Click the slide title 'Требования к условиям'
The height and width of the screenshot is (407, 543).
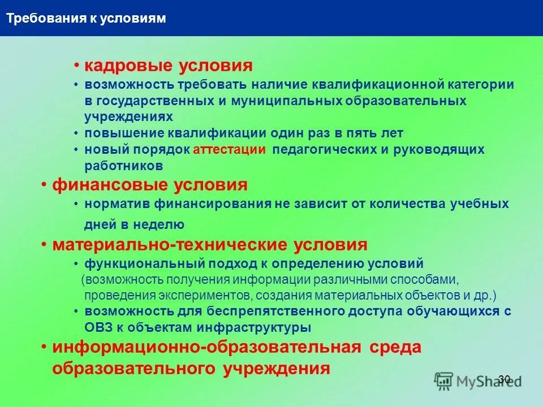86,19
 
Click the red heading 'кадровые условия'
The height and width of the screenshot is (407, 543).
168,66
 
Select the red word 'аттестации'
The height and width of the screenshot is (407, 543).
229,150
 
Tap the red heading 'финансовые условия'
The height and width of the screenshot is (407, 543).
150,185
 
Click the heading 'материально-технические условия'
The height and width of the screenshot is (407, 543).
210,245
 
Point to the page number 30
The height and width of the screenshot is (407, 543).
505,379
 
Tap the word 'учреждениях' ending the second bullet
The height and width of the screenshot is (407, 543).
128,116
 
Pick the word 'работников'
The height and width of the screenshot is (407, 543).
124,166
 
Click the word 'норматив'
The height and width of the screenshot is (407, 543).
117,204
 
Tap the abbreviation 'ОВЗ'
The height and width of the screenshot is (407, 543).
100,327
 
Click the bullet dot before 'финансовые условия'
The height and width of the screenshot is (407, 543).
44,185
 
